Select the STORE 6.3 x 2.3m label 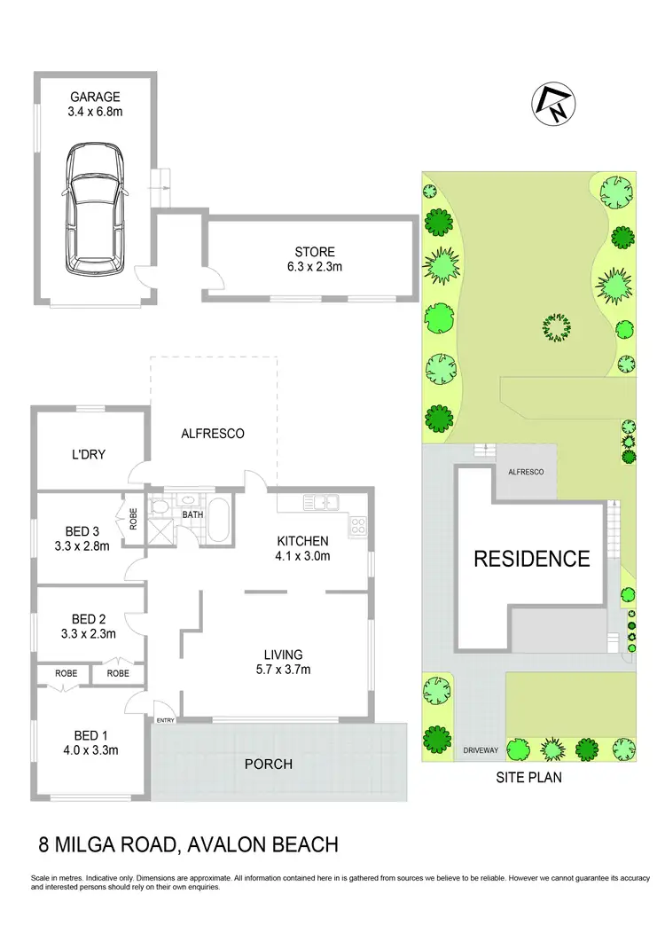315,258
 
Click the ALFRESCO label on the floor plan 212,434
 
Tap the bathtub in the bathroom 217,519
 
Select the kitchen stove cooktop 358,525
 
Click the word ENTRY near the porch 166,719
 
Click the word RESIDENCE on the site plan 531,558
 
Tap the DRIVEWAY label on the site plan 481,751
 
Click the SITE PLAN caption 530,778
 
